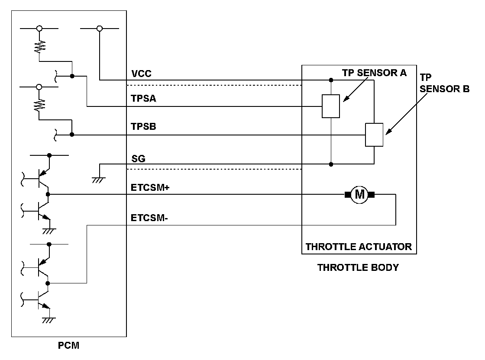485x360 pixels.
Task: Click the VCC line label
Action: (141, 74)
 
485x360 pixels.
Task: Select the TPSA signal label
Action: (143, 99)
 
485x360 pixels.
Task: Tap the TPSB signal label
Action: (143, 126)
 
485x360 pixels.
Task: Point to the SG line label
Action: (138, 158)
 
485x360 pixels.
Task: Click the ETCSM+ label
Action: (150, 187)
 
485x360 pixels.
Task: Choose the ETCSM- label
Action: (149, 218)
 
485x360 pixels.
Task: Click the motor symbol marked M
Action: (359, 195)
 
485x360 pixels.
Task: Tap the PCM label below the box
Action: (69, 345)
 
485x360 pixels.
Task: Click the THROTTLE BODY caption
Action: (358, 267)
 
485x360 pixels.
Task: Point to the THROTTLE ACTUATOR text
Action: (359, 247)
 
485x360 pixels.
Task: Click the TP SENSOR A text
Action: (374, 73)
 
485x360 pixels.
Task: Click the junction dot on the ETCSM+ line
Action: (48, 194)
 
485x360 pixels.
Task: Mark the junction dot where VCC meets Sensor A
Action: (331, 80)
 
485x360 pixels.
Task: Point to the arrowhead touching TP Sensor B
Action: (388, 132)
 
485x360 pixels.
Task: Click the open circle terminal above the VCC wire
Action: (99, 29)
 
